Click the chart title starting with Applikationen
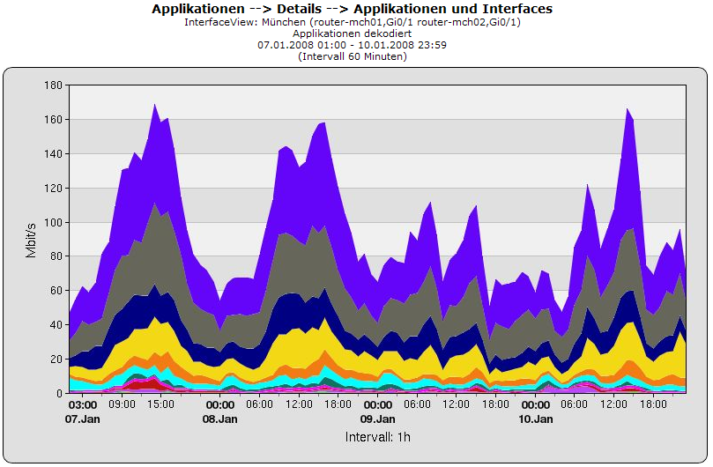click(x=353, y=9)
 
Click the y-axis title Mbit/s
click(x=32, y=239)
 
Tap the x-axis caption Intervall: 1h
click(x=377, y=437)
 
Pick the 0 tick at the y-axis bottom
click(x=59, y=394)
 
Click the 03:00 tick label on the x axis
click(x=83, y=405)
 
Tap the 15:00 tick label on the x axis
click(x=161, y=405)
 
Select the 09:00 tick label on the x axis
click(x=122, y=405)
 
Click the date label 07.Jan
click(x=83, y=419)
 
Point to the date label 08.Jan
click(x=220, y=419)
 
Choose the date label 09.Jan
click(x=378, y=419)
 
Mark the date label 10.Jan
click(x=536, y=419)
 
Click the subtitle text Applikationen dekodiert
click(x=353, y=33)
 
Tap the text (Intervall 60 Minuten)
click(x=353, y=56)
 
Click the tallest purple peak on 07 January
click(x=154, y=105)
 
